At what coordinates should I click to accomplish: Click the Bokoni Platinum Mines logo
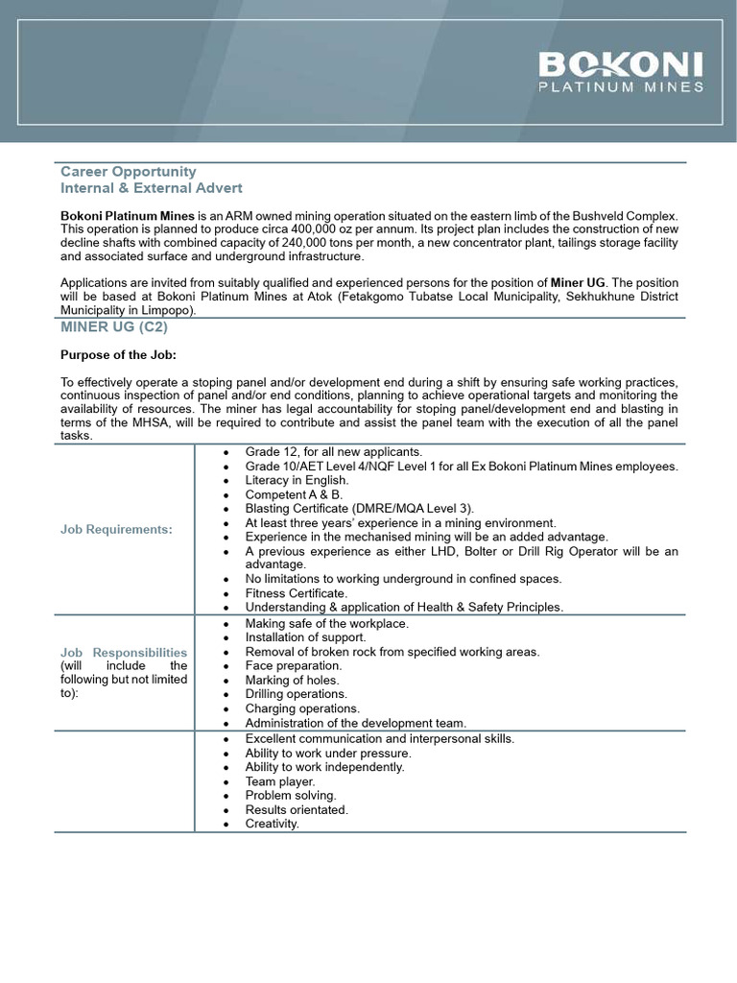point(621,72)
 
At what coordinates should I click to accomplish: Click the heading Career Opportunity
point(129,172)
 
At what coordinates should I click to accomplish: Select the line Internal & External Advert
point(152,188)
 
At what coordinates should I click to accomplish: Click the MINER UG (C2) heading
point(114,327)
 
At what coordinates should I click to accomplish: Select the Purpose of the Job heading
point(118,354)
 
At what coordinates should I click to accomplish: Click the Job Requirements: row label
point(116,530)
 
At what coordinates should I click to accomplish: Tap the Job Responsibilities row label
point(124,653)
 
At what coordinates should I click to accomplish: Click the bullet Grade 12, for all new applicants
point(333,452)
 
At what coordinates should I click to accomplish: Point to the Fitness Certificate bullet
point(296,593)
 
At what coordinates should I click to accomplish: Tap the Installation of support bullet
point(305,637)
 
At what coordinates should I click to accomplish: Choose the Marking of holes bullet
point(292,680)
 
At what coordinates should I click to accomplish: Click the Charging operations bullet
point(302,708)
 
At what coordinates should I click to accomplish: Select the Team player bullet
point(279,781)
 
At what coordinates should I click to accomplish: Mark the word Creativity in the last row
point(272,824)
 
